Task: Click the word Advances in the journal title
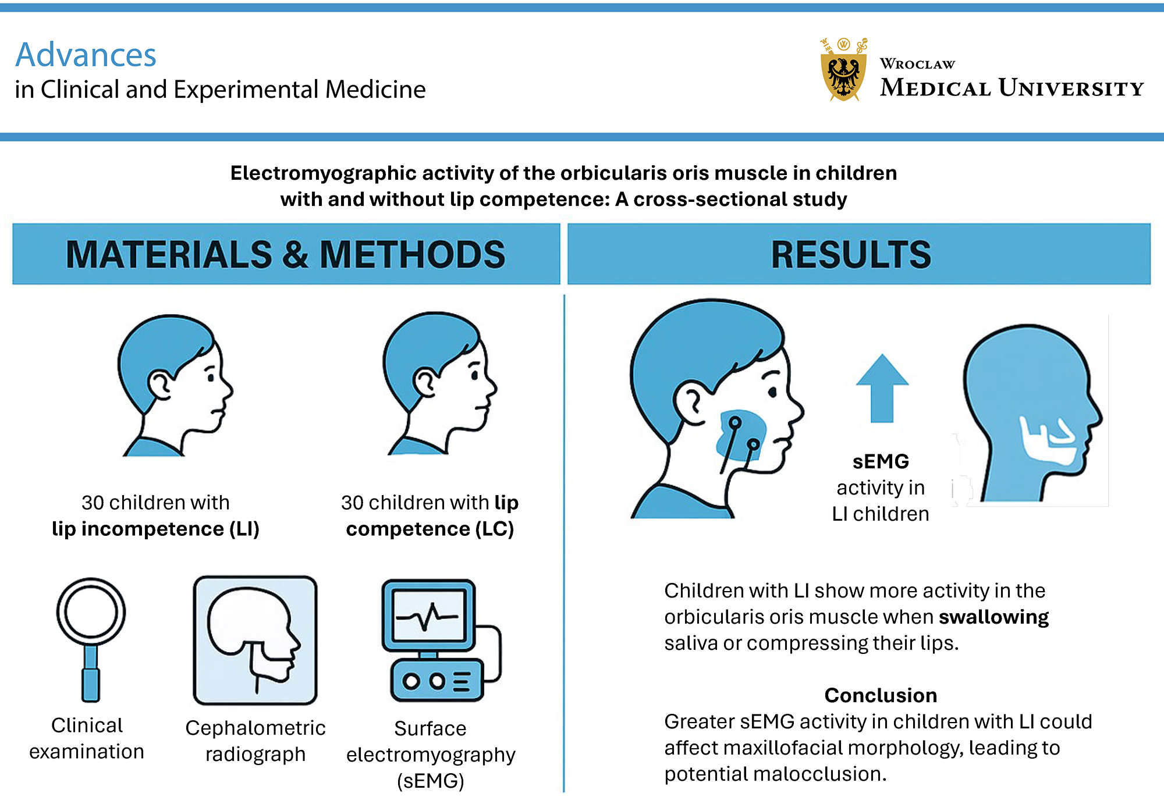coord(86,55)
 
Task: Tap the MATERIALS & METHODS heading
coord(285,254)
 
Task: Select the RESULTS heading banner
coord(851,254)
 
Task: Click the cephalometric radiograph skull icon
coord(255,640)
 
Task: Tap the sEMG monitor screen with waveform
coord(429,616)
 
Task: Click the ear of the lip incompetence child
coord(159,385)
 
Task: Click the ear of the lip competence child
coord(425,383)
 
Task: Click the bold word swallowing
coord(993,617)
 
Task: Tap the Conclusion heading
coord(881,695)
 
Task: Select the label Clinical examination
coord(87,738)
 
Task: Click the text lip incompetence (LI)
coord(155,529)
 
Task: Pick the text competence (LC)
coord(430,529)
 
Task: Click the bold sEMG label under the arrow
coord(881,461)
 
